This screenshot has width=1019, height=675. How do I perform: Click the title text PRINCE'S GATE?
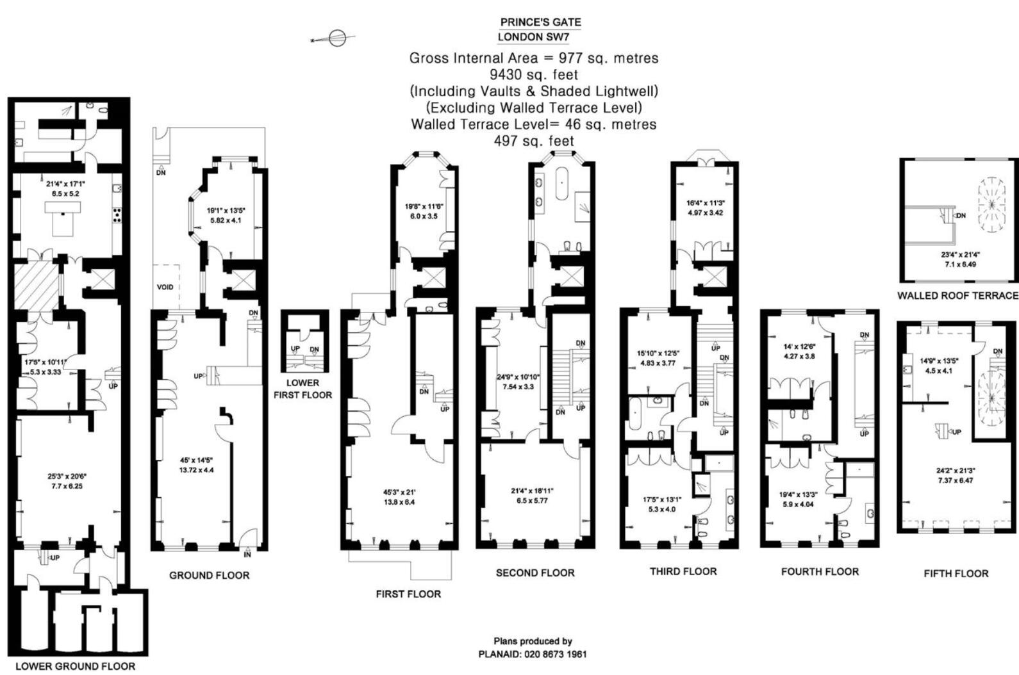coord(540,22)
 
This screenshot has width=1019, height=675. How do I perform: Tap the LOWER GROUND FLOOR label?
coord(75,666)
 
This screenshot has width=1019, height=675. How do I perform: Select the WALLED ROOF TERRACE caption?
coord(957,295)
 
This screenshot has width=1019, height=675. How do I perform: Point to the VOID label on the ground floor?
coord(165,287)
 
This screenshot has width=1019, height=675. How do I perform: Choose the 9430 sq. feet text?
coord(534,74)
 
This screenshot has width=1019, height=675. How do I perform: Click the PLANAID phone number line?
coord(533,654)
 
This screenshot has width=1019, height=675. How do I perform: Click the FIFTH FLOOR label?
coord(956,573)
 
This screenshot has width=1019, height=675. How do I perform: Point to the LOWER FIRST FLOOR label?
coord(302,389)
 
